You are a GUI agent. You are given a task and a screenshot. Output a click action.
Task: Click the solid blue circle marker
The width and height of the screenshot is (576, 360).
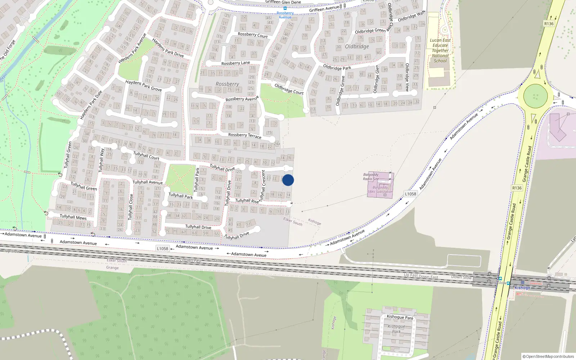click(x=288, y=180)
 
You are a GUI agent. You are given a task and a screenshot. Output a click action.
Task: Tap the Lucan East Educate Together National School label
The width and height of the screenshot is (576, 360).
click(x=440, y=50)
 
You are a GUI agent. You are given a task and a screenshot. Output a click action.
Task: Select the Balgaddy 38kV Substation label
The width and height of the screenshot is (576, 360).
click(x=380, y=189)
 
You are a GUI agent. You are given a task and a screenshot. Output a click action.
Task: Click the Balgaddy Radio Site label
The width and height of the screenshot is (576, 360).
click(x=371, y=176)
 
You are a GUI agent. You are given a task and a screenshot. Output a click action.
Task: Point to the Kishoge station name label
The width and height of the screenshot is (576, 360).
click(x=522, y=288)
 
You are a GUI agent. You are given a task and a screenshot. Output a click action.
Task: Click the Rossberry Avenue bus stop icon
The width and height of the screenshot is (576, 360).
click(x=285, y=8)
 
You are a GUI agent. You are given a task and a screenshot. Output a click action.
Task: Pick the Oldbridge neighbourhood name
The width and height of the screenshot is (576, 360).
click(x=357, y=46)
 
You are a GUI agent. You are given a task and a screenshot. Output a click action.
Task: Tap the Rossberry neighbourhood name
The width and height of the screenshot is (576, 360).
click(x=227, y=84)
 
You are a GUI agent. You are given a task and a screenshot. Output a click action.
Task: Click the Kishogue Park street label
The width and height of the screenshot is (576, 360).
click(x=400, y=317)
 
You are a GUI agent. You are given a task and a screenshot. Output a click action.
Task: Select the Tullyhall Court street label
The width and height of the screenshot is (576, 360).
click(x=146, y=156)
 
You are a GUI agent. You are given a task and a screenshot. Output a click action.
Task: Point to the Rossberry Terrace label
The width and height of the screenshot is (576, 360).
click(x=245, y=135)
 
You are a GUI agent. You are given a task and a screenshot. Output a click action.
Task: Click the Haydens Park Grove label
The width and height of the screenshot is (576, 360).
click(x=143, y=85)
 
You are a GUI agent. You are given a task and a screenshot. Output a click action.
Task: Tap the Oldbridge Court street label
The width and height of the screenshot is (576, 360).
click(x=289, y=89)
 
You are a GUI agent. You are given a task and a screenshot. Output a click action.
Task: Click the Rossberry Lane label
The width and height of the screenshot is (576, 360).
click(x=235, y=63)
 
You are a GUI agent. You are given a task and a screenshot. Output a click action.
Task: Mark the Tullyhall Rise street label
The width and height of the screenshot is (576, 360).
click(x=247, y=201)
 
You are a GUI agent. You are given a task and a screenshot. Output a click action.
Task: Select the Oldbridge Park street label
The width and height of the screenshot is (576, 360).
click(x=337, y=67)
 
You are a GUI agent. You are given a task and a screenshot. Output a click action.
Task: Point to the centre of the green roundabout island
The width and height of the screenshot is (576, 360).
click(x=535, y=96)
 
